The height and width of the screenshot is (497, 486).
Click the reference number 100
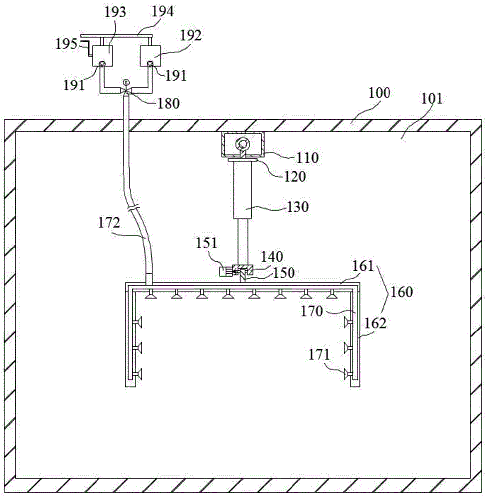(380, 93)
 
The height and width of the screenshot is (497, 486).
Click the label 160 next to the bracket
(401, 291)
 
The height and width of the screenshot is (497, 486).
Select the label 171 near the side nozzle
(319, 355)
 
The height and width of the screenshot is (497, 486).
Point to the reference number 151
(206, 243)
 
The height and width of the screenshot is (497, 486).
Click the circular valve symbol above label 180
(126, 82)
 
